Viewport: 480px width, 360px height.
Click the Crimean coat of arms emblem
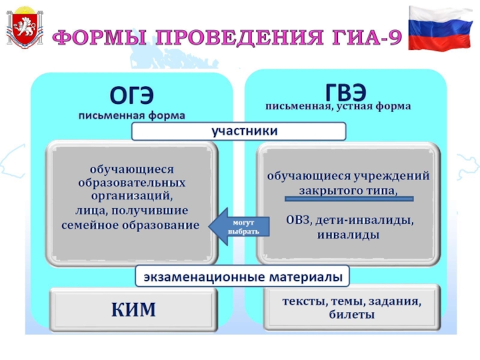click(25, 28)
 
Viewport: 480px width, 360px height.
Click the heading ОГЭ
click(131, 95)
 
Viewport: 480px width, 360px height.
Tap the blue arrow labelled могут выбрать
click(239, 227)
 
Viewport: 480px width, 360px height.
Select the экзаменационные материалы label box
click(242, 277)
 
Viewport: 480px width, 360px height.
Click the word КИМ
click(133, 310)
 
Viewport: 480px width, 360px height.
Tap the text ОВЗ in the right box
click(298, 220)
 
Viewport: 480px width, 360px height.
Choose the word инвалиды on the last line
click(348, 235)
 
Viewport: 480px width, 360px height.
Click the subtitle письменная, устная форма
click(338, 107)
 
